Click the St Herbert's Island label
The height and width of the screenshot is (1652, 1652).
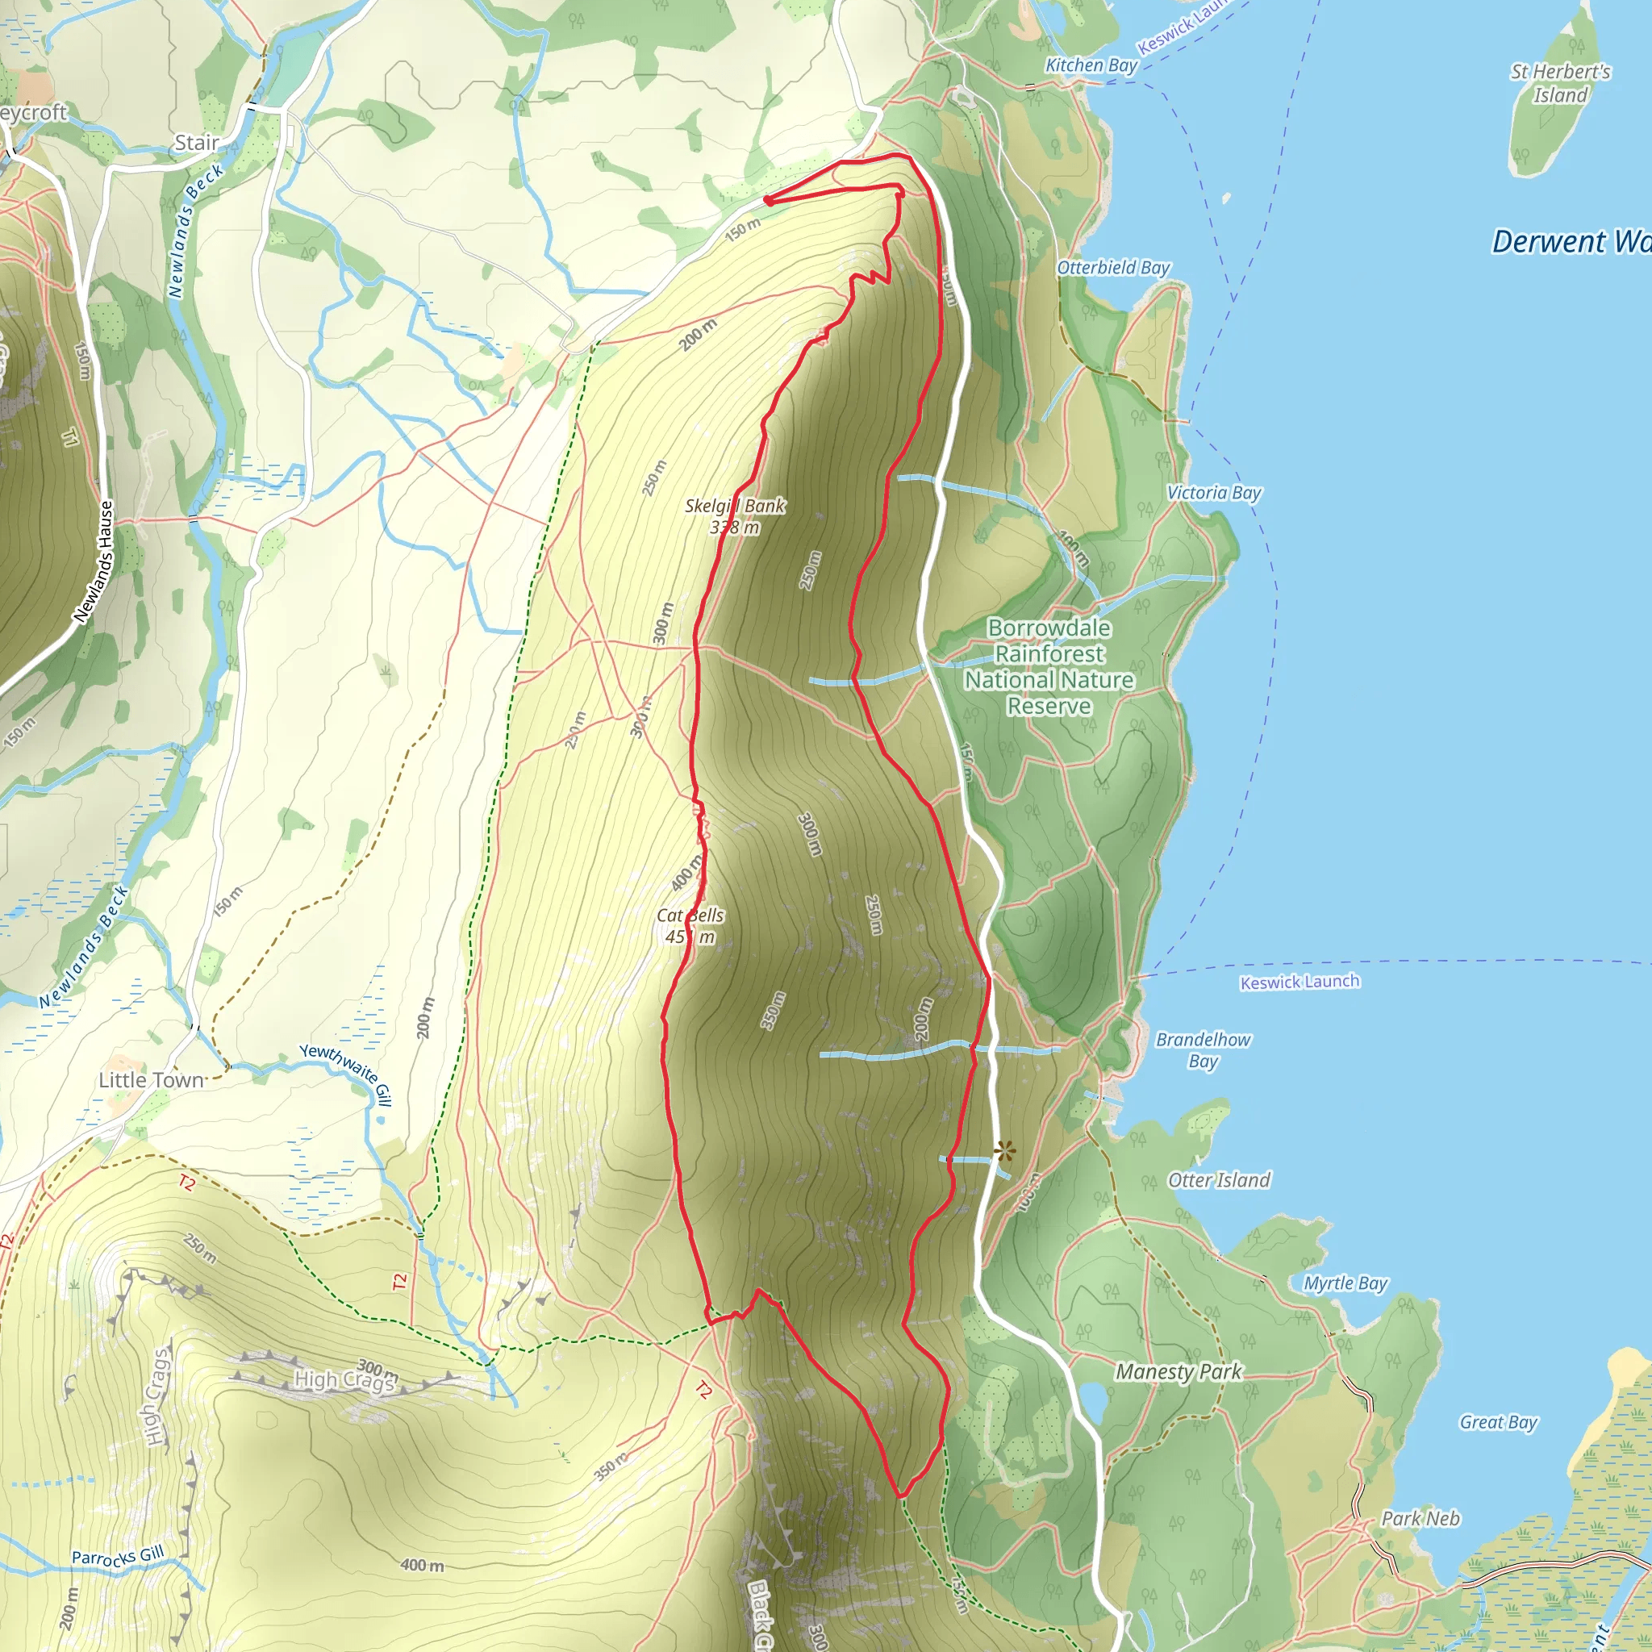pos(1560,83)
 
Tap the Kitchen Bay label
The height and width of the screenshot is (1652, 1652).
pos(1091,65)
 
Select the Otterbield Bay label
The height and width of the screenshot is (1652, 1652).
pos(1113,268)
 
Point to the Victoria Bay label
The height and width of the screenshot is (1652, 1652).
pos(1214,493)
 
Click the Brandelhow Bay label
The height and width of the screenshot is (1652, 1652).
pos(1203,1050)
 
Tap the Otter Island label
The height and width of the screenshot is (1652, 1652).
pos(1220,1180)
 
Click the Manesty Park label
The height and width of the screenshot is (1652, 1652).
pos(1179,1371)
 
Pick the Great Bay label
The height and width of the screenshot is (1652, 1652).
pos(1498,1422)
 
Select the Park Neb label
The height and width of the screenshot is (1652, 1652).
pos(1421,1519)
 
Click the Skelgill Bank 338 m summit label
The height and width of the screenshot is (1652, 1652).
pos(736,516)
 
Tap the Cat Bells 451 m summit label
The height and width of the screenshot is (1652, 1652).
pos(690,926)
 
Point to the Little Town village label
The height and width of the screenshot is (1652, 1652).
pos(152,1080)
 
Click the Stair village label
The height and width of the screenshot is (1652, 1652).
pos(197,143)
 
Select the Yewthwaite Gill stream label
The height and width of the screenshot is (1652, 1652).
pos(346,1073)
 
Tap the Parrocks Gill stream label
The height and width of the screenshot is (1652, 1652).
pos(118,1557)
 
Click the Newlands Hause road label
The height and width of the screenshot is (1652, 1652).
pos(94,561)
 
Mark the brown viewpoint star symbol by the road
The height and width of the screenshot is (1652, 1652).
pos(1005,1151)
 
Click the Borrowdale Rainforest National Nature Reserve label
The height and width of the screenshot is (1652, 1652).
pos(1049,667)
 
